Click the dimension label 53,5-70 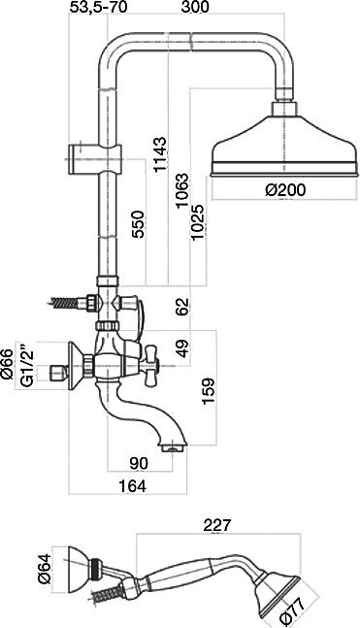click(x=98, y=7)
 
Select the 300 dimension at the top click(x=195, y=7)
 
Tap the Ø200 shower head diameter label click(x=285, y=190)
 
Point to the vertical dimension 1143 click(x=160, y=154)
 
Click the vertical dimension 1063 click(x=181, y=190)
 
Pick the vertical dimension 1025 click(x=199, y=222)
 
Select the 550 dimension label click(x=138, y=224)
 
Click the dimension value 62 click(x=182, y=307)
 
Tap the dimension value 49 click(x=182, y=347)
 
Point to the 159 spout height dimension click(x=209, y=391)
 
